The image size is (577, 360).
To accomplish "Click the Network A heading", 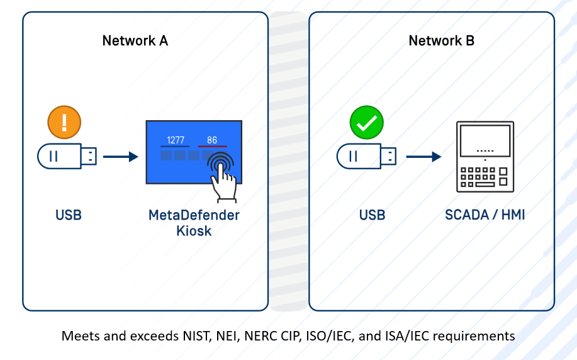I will click(135, 41).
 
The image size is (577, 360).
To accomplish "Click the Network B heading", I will click(441, 41).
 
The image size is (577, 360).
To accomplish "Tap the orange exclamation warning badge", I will click(65, 121).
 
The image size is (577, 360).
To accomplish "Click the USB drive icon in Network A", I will click(67, 156).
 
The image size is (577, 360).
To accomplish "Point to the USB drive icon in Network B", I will click(366, 156).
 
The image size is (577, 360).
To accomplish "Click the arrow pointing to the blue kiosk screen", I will click(120, 156).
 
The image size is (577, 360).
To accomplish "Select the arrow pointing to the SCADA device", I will click(423, 156).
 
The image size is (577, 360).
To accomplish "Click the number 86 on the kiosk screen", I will click(212, 140).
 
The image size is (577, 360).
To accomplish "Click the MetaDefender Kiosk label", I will click(194, 223).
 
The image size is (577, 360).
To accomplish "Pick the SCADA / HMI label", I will click(485, 215).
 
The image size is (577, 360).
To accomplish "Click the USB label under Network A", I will click(69, 215).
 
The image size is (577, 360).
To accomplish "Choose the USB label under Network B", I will click(372, 215).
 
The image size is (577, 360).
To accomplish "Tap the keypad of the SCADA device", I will click(484, 177).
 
